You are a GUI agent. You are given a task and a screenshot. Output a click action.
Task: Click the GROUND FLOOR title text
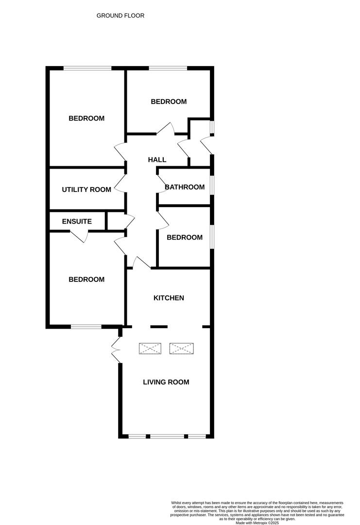click(120, 16)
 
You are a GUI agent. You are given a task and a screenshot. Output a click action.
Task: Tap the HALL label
click(157, 159)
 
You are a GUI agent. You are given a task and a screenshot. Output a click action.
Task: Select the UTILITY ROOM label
click(86, 190)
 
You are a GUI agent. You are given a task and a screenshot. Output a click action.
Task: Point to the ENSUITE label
click(77, 221)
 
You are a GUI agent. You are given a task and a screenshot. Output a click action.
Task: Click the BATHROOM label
click(185, 187)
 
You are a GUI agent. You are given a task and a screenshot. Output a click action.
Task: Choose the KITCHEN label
click(169, 298)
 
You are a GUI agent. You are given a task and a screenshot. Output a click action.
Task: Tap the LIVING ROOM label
click(166, 382)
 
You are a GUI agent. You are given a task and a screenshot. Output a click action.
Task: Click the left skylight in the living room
click(150, 349)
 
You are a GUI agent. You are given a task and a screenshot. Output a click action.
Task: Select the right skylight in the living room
click(181, 349)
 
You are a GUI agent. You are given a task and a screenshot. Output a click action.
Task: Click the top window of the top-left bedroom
click(87, 68)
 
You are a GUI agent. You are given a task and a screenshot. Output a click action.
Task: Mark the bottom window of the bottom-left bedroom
click(86, 327)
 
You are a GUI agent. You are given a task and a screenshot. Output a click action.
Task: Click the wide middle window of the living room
click(167, 436)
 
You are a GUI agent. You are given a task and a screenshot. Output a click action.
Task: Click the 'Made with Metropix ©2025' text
click(257, 523)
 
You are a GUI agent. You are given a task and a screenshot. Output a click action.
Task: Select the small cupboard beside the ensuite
click(116, 220)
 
